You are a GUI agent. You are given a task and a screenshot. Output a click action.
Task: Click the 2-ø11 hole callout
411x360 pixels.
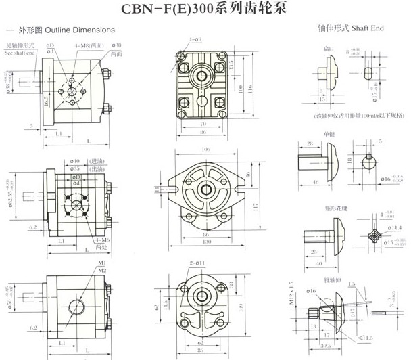point(196,262)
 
